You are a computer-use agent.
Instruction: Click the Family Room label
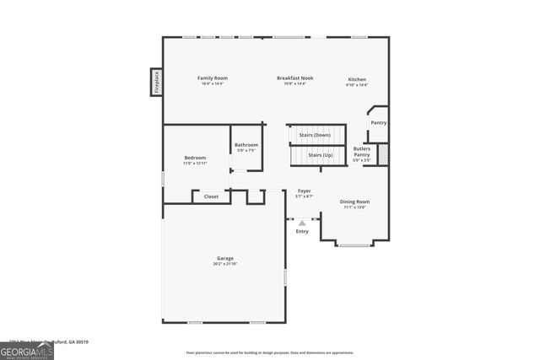point(213,78)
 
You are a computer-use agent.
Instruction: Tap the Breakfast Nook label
point(291,78)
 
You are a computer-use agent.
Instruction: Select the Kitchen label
point(357,79)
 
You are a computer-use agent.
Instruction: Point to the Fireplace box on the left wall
point(156,82)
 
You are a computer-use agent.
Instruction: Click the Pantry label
point(379,123)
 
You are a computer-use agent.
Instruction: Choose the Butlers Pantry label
point(361,152)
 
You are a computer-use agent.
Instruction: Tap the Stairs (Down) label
point(315,135)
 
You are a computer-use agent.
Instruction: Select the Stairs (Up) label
point(320,155)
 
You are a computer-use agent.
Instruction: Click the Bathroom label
point(246,145)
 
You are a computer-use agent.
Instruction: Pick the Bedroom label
point(195,158)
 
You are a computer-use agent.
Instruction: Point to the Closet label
point(211,196)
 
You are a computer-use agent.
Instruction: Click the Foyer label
point(305,191)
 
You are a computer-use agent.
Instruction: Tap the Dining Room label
point(354,201)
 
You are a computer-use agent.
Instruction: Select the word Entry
point(302,231)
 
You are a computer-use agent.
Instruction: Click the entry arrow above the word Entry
point(302,222)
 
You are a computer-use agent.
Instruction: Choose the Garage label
point(224,258)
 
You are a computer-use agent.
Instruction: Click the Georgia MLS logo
point(27,351)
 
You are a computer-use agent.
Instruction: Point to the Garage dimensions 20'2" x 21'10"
point(224,265)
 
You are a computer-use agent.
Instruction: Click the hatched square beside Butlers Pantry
point(382,154)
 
